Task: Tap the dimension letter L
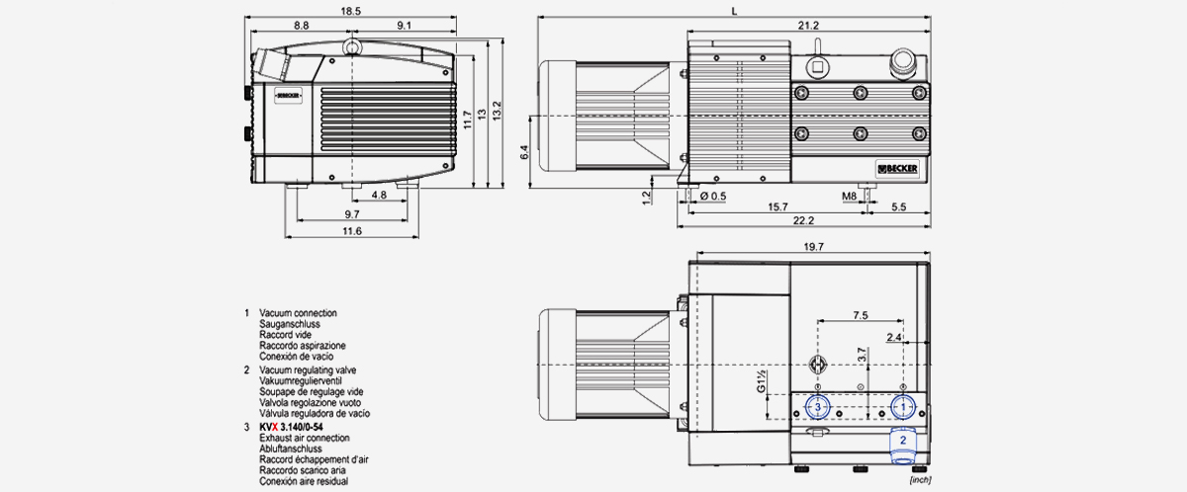pos(732,9)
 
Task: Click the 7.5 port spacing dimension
pos(859,315)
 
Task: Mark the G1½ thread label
pos(763,382)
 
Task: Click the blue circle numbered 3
pos(817,406)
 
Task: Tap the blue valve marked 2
pos(902,444)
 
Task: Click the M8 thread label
pos(849,197)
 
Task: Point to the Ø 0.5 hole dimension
pos(713,197)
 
